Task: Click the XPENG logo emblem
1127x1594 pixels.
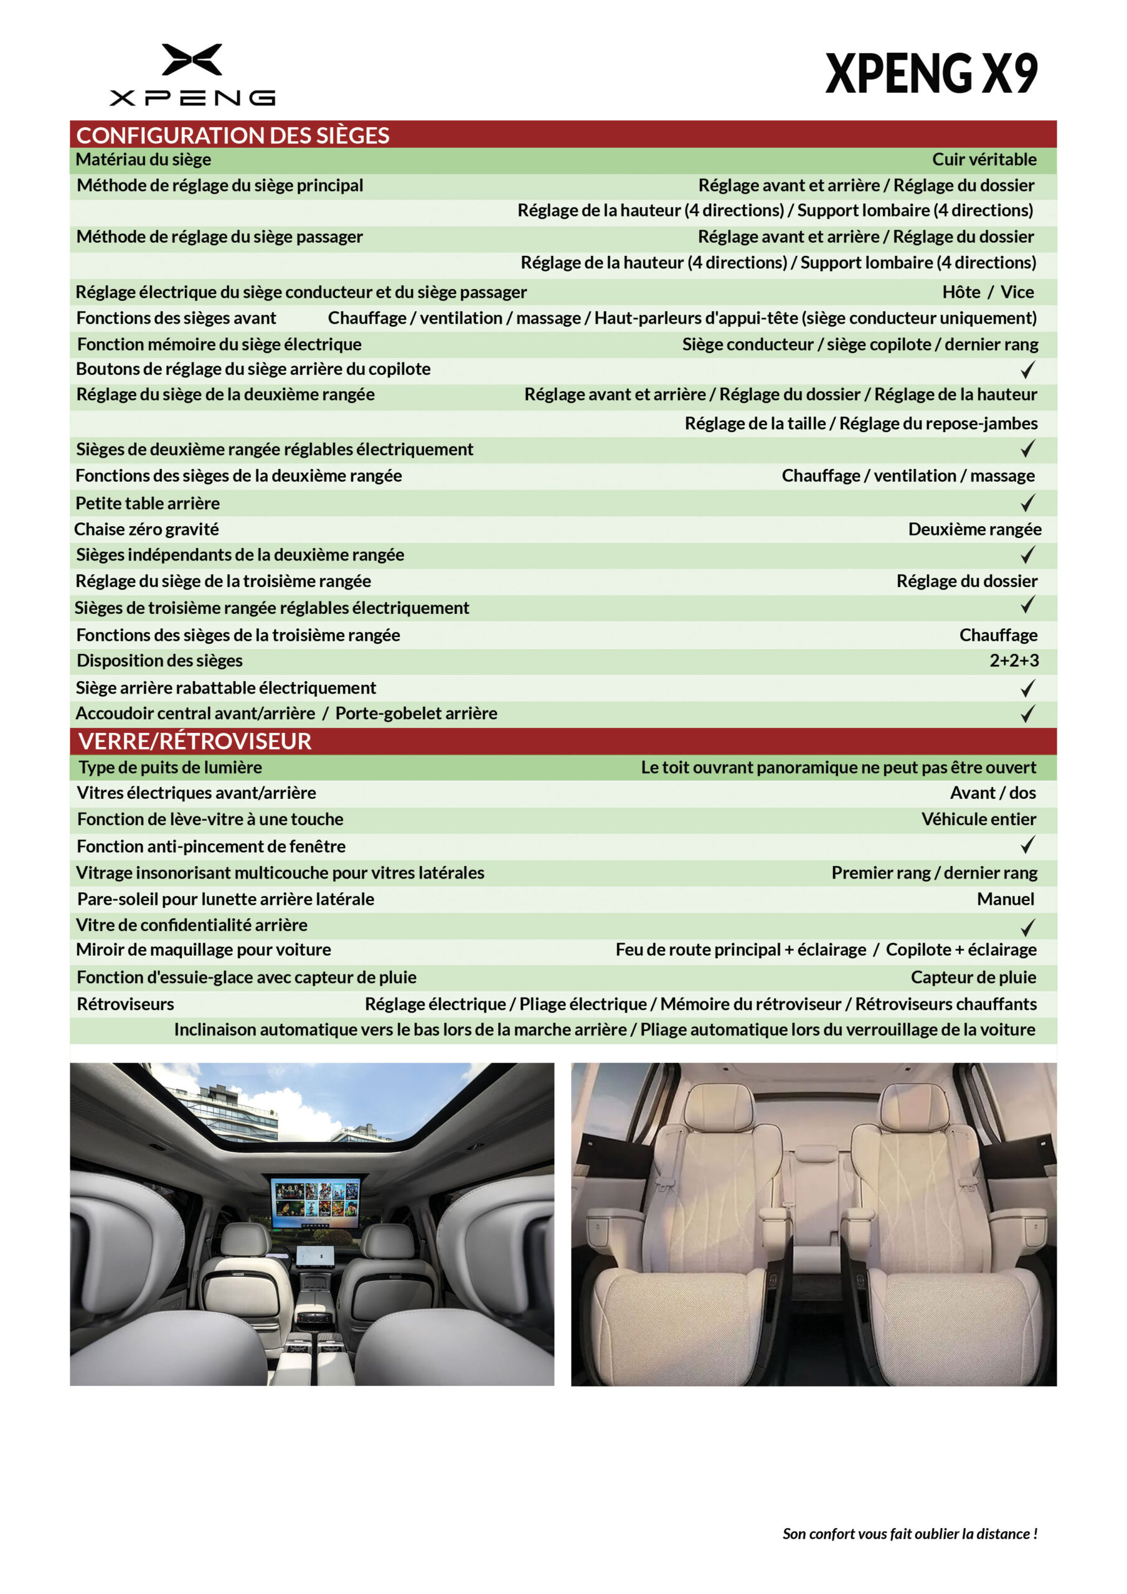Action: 192,60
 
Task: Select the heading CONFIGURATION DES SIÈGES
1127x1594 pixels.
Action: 233,135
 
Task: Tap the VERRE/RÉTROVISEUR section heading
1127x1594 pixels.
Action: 194,742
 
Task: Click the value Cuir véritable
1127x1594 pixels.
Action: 983,159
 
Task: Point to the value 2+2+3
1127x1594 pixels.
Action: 1014,660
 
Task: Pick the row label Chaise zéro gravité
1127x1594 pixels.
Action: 146,530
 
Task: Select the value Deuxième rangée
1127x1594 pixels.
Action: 974,530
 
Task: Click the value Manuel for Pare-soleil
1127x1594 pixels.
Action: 1005,899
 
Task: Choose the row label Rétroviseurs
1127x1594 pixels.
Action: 126,1004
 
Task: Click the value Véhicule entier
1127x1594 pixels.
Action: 978,819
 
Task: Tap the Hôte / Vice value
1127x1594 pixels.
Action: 988,292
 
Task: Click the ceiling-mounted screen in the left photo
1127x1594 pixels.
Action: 316,1202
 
